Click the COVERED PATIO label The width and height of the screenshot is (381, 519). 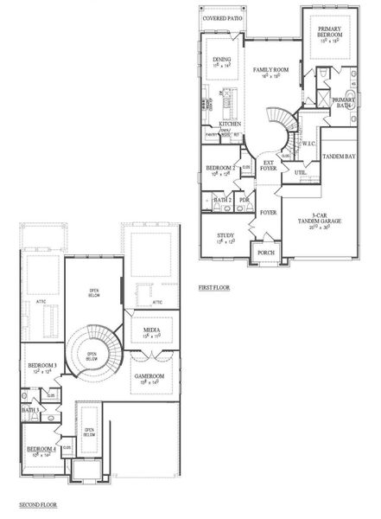click(x=222, y=18)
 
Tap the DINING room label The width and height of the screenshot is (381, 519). click(x=222, y=59)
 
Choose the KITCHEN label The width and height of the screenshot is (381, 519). click(x=229, y=125)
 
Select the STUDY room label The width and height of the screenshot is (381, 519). click(x=225, y=235)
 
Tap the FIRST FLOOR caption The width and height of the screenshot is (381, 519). click(x=216, y=287)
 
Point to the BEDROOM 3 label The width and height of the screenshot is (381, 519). click(x=42, y=366)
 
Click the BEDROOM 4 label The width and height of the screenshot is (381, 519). click(x=41, y=449)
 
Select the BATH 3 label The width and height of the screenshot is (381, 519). click(x=29, y=409)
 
